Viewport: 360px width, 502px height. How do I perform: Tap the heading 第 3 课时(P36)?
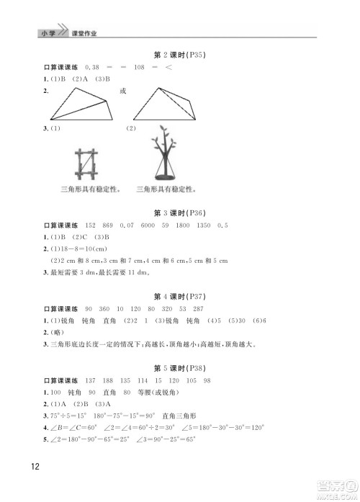click(180, 213)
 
